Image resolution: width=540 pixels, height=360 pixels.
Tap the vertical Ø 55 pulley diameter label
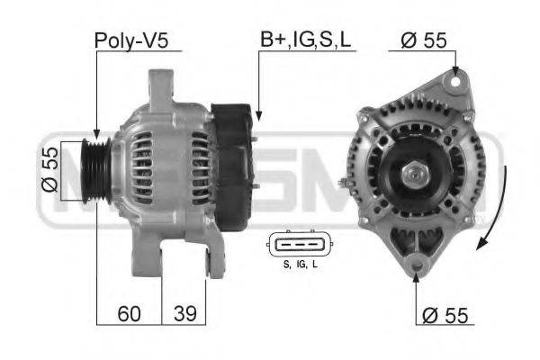51,171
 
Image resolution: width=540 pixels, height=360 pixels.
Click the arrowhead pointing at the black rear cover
257,116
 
